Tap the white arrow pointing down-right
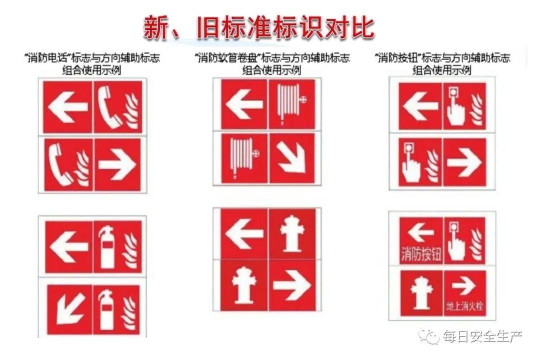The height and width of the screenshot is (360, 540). coord(292,158)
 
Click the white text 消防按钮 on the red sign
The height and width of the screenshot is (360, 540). coord(421,254)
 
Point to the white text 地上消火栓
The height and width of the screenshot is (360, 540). coord(464,306)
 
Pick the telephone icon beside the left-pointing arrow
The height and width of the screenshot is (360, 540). coord(109,107)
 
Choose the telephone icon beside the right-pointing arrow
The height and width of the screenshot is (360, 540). coord(61,164)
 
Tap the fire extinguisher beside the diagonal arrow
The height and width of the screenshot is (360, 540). coord(107,309)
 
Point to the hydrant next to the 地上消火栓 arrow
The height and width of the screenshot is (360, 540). coord(421,292)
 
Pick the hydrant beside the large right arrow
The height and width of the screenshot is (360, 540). coord(244,284)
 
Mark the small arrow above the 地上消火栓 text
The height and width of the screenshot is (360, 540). coord(463,285)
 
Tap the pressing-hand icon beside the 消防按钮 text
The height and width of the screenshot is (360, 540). coord(455,241)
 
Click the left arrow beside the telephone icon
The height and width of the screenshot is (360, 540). coord(68,106)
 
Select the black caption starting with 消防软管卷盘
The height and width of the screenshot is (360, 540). coord(272,64)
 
